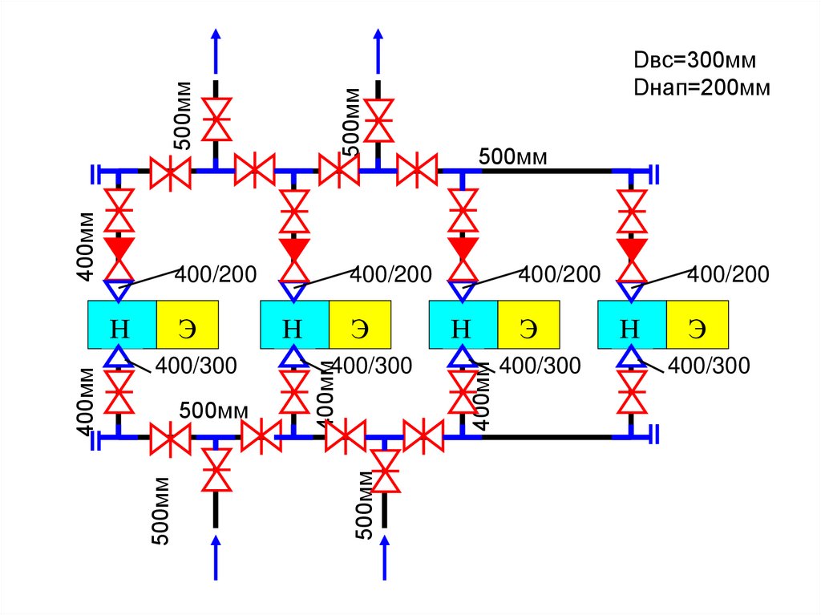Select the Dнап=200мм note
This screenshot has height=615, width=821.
click(x=702, y=87)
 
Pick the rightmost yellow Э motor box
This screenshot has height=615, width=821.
click(x=698, y=325)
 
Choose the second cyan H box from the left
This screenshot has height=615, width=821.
click(x=294, y=325)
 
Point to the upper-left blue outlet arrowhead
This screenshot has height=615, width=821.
click(x=215, y=37)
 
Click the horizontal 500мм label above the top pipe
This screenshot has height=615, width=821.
click(x=513, y=157)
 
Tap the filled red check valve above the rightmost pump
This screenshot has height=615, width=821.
click(x=633, y=249)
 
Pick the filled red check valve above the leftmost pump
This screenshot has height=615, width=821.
click(x=120, y=249)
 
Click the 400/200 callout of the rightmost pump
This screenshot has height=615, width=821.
click(x=729, y=275)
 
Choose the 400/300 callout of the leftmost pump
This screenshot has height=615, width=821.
click(x=196, y=366)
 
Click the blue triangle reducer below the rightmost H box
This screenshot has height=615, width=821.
click(x=633, y=356)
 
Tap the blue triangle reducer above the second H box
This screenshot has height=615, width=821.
click(x=294, y=290)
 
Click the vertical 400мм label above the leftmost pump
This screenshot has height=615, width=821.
click(x=87, y=246)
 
